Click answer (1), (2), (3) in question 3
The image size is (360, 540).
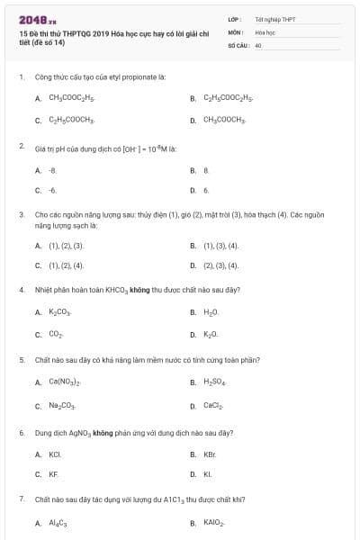(66, 245)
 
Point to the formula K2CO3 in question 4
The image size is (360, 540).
(58, 312)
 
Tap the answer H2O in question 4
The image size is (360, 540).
(211, 312)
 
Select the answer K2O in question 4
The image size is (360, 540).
(211, 335)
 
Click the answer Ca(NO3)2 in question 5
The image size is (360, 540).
(64, 382)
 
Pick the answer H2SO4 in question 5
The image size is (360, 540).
(215, 382)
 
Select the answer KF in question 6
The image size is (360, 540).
(52, 474)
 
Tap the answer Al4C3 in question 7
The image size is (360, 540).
(58, 522)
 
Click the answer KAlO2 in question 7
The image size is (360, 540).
(213, 522)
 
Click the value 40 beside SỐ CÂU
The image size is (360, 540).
(258, 44)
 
